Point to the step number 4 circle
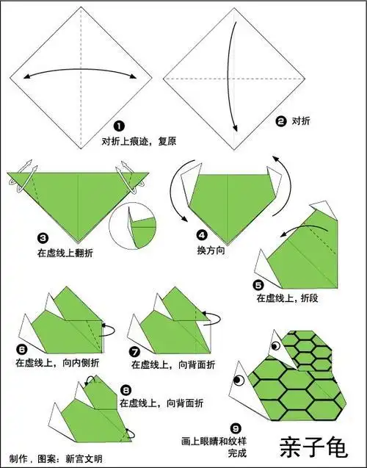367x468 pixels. coord(202,235)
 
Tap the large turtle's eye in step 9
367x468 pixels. coord(239,380)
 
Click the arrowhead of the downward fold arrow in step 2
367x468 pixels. coord(236,129)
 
